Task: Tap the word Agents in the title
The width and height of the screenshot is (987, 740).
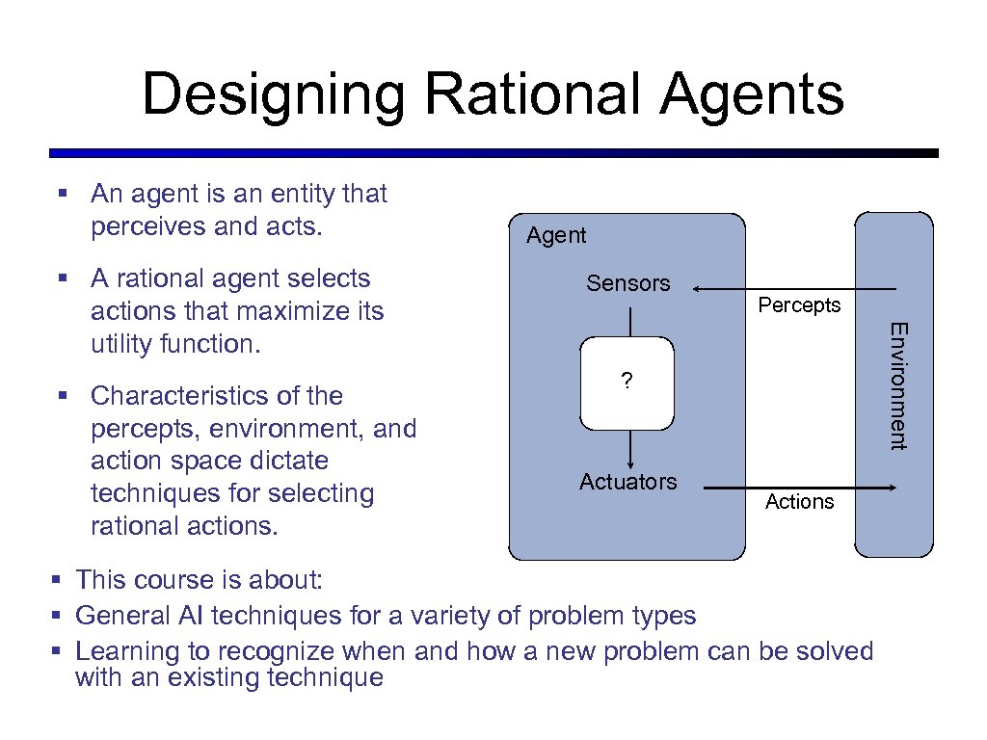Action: [751, 95]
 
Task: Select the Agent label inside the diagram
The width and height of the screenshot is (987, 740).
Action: [556, 235]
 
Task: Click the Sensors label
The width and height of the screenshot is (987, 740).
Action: [627, 283]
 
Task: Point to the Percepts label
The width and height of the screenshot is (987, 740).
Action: [799, 305]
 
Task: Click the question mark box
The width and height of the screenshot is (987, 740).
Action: [627, 382]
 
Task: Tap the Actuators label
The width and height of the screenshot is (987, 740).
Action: [627, 482]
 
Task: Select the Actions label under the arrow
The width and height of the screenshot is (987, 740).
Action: [799, 502]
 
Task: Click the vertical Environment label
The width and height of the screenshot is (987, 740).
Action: [896, 385]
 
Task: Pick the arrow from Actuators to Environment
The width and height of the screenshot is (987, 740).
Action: [800, 489]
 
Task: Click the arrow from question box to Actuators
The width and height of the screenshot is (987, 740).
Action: [629, 448]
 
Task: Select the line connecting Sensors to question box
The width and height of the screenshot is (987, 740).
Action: [629, 321]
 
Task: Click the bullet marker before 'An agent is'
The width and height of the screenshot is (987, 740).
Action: [62, 195]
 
